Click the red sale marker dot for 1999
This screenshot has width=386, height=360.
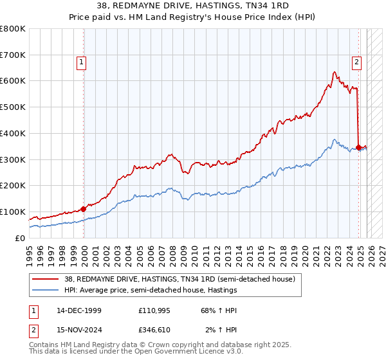(x=84, y=208)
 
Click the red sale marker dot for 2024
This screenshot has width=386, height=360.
(x=358, y=147)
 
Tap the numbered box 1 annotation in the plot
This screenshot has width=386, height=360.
(x=82, y=62)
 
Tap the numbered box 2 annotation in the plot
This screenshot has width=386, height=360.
(x=356, y=62)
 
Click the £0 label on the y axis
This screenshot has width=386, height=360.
(x=19, y=238)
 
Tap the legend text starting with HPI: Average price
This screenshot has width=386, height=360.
(x=173, y=291)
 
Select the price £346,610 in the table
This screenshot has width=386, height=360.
(x=154, y=330)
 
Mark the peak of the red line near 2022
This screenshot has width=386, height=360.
(x=334, y=71)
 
